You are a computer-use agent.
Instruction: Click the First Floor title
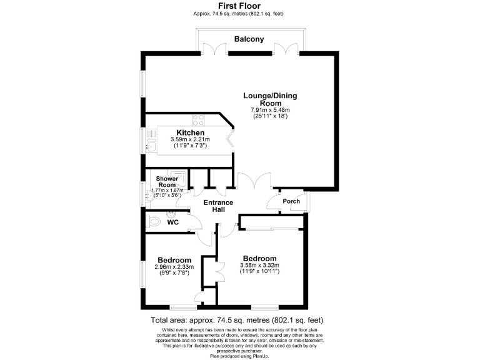pyautogui.click(x=239, y=6)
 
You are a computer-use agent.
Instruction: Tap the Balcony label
pyautogui.click(x=249, y=39)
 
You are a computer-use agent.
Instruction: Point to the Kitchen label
pyautogui.click(x=190, y=133)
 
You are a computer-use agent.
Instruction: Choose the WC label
pyautogui.click(x=173, y=221)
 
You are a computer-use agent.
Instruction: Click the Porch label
pyautogui.click(x=291, y=201)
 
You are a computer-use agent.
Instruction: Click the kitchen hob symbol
pyautogui.click(x=199, y=119)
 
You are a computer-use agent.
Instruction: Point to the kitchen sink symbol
pyautogui.click(x=150, y=141)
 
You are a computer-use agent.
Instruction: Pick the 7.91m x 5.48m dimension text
pyautogui.click(x=270, y=110)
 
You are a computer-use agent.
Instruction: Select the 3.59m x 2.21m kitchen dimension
pyautogui.click(x=190, y=140)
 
